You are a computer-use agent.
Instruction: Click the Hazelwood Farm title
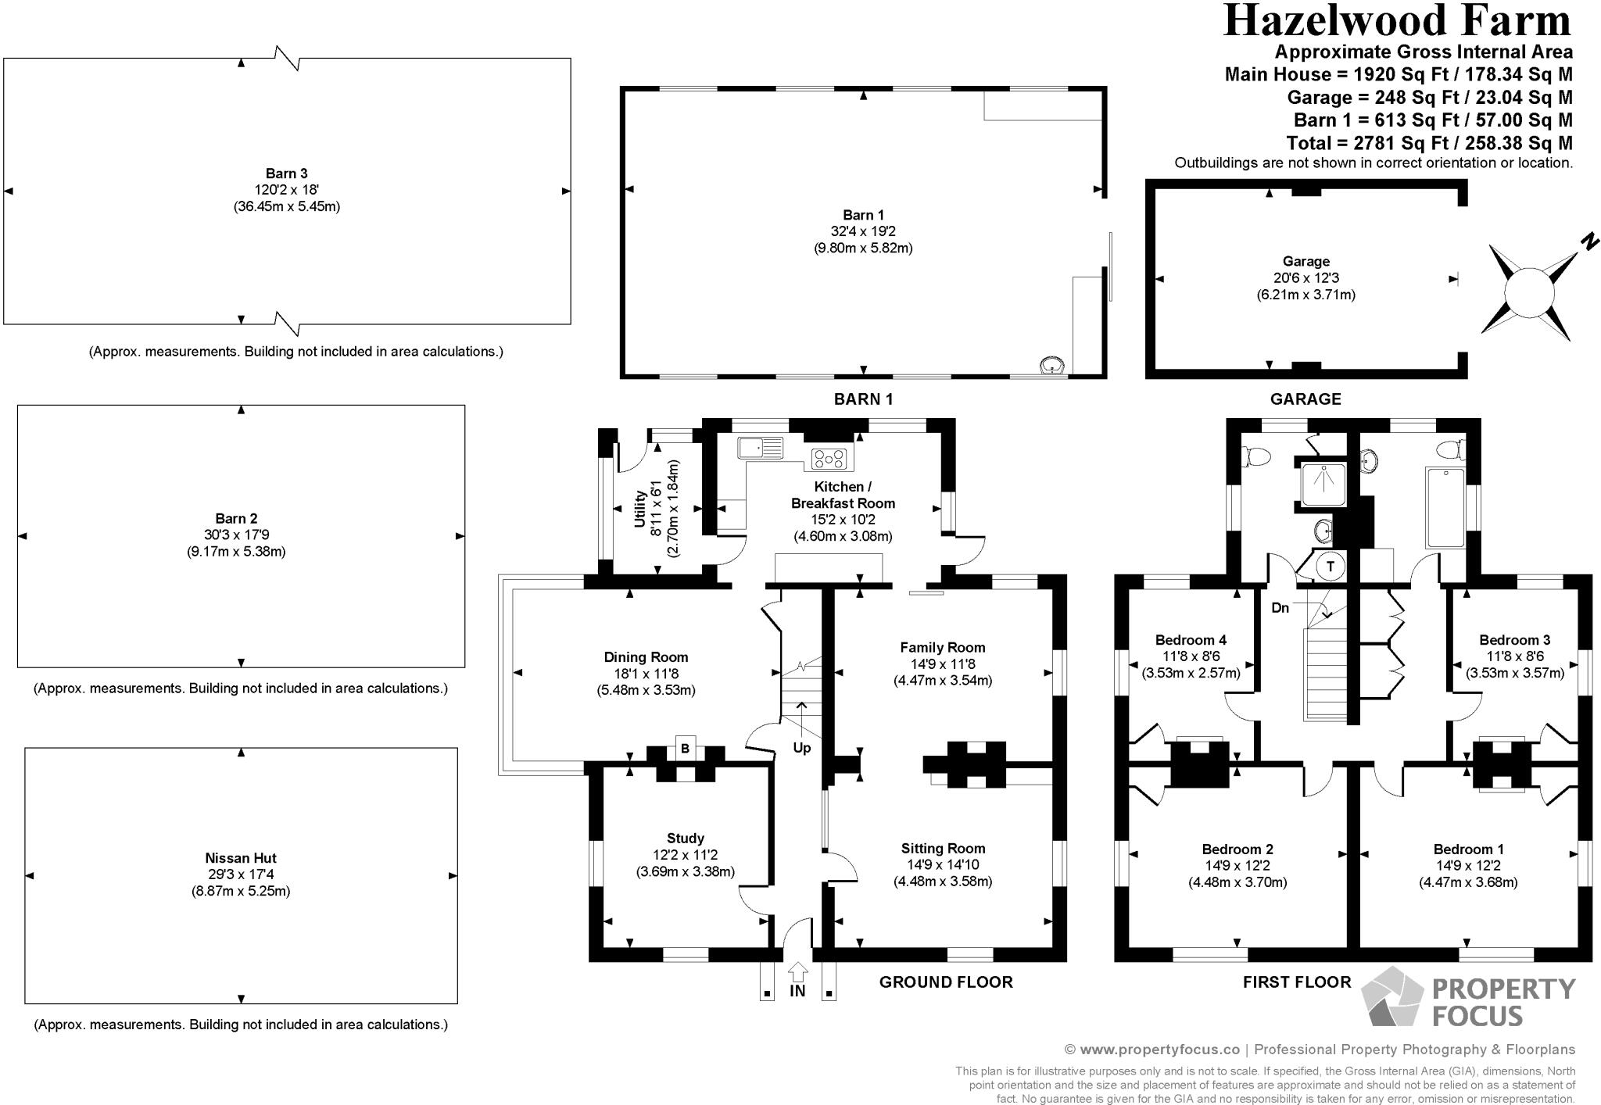[1397, 21]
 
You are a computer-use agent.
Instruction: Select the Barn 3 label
[285, 173]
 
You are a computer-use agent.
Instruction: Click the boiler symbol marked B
[685, 748]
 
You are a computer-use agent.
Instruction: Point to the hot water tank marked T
[1331, 566]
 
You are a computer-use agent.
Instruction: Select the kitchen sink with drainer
[760, 448]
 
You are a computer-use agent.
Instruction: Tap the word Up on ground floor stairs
[802, 748]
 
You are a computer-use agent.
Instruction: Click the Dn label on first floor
[1280, 607]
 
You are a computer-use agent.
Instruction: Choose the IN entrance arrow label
[797, 991]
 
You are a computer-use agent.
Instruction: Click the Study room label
[685, 839]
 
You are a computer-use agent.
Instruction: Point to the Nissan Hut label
[241, 858]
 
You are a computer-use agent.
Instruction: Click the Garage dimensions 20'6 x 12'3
[1306, 278]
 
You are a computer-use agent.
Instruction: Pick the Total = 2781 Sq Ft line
[1429, 143]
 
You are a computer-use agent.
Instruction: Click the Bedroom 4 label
[1191, 640]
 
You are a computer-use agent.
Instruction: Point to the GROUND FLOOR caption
[945, 982]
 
